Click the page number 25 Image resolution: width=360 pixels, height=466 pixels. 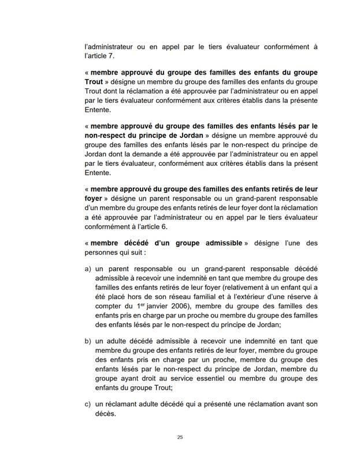click(x=180, y=438)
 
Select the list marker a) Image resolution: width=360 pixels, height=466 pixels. click(x=88, y=269)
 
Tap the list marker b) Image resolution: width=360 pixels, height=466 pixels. click(x=88, y=341)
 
